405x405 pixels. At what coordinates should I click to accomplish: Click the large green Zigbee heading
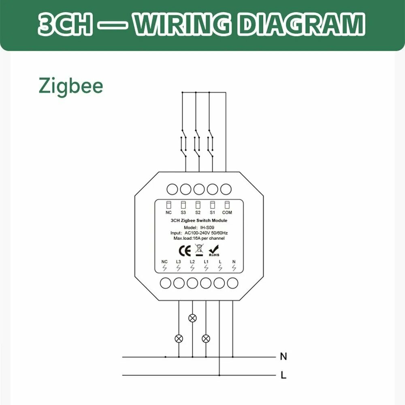(71, 86)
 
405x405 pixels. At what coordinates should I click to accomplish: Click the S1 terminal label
(212, 212)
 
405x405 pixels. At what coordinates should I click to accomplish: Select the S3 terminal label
(183, 212)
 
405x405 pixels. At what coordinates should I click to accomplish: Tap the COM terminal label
(227, 212)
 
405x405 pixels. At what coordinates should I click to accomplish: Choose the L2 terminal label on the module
(192, 262)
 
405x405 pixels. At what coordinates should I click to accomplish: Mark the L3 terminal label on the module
(179, 262)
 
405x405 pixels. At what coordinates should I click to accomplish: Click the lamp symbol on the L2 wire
(192, 318)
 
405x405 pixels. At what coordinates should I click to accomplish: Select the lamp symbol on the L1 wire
(206, 338)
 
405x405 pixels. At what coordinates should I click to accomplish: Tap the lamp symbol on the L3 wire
(179, 338)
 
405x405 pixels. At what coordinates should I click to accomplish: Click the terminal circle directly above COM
(226, 189)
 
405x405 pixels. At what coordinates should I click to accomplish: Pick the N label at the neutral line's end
(283, 357)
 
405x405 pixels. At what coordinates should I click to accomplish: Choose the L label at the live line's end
(283, 375)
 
